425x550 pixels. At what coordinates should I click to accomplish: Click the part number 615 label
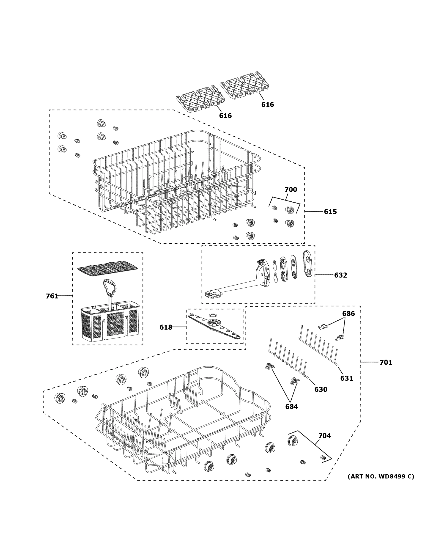click(x=330, y=212)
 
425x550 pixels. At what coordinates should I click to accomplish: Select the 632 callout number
click(x=340, y=275)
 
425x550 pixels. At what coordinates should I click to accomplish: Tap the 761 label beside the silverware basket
click(x=52, y=296)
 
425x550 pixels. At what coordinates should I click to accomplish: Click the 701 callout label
click(x=386, y=362)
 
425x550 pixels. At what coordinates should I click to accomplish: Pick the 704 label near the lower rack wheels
click(x=325, y=436)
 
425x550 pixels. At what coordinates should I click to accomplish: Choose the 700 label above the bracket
click(x=291, y=190)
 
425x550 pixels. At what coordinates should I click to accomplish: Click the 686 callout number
click(x=348, y=313)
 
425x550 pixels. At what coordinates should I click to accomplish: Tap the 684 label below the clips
click(x=291, y=407)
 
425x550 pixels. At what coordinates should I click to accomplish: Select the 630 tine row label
click(x=321, y=389)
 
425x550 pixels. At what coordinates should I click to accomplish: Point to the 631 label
click(x=346, y=378)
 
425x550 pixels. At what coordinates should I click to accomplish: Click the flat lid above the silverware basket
click(x=107, y=268)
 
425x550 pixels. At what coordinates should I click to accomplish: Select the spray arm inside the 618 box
click(x=214, y=326)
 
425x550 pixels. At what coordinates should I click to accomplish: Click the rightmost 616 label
click(x=267, y=104)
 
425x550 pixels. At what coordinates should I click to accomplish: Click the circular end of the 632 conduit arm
click(x=213, y=294)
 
